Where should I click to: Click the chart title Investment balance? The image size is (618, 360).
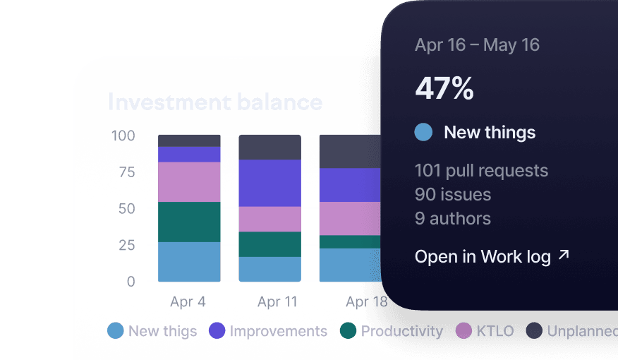click(x=215, y=102)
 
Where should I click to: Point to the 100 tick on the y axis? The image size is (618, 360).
click(x=123, y=136)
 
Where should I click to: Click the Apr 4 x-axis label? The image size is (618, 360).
click(x=188, y=302)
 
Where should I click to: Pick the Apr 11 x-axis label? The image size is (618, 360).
click(x=278, y=302)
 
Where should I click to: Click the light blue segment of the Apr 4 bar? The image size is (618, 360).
click(x=189, y=261)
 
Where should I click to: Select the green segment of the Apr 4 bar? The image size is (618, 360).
click(x=189, y=222)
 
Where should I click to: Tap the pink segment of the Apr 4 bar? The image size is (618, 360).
click(x=189, y=181)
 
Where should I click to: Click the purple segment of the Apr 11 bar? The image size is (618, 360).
click(x=269, y=183)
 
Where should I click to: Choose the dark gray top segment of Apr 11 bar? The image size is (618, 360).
click(x=269, y=147)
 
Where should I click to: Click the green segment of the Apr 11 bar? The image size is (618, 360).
click(x=269, y=244)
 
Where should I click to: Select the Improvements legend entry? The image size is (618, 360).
click(x=269, y=331)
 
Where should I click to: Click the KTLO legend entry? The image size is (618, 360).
click(x=485, y=331)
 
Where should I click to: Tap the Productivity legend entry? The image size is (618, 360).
click(x=392, y=331)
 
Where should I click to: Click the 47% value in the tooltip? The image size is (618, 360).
click(x=444, y=89)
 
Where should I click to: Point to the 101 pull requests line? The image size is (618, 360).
click(x=481, y=171)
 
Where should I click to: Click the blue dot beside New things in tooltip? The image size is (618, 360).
click(x=423, y=132)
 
